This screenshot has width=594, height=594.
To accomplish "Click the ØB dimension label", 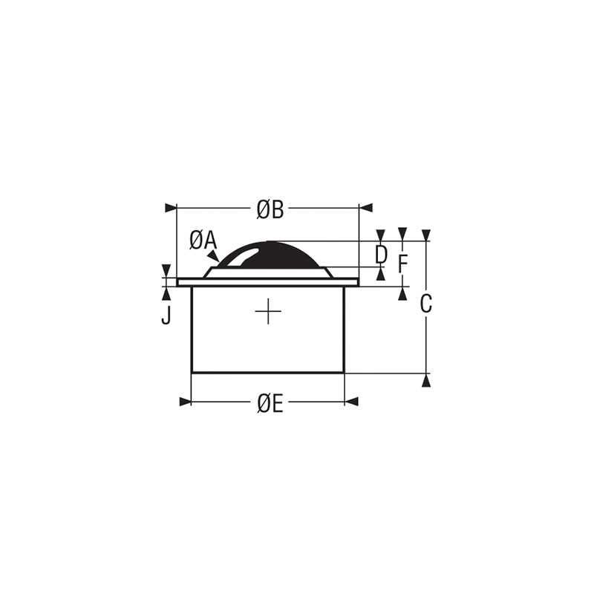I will click(270, 210).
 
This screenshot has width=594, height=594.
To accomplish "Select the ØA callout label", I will click(202, 240).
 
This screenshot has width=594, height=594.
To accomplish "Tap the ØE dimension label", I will click(269, 403).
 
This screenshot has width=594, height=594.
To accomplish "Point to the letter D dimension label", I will click(381, 255).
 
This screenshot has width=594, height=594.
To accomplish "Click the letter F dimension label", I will click(402, 264).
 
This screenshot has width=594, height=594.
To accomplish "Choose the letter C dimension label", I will click(426, 304).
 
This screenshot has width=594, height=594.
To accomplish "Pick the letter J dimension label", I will click(166, 316).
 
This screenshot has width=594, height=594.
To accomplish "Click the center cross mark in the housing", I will click(267, 311).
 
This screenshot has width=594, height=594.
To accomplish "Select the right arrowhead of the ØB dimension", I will click(365, 209).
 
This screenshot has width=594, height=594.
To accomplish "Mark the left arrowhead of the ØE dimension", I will click(186, 402).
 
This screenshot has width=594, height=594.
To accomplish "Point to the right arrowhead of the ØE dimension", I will click(351, 402).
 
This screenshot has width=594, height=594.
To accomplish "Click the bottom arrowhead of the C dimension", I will click(426, 380).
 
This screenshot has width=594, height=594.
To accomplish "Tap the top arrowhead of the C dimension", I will click(426, 235).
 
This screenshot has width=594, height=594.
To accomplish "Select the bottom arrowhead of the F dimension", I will click(402, 293).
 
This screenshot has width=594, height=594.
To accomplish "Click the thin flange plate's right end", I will click(356, 282).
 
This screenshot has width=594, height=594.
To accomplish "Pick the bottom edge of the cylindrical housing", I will click(267, 373).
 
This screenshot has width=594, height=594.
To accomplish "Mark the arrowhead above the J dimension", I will click(166, 270).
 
